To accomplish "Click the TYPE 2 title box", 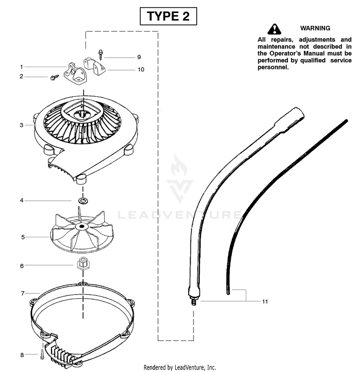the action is [x=168, y=16].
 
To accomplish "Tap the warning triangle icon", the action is [x=274, y=29].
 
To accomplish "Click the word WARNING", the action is [x=315, y=28].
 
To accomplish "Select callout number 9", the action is [x=139, y=57].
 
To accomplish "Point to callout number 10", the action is [x=141, y=70].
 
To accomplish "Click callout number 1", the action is [x=22, y=67].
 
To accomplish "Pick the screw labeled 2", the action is [x=55, y=77].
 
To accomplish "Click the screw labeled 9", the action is [x=101, y=55].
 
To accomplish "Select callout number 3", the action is [x=22, y=125].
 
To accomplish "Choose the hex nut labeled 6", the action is [x=83, y=263].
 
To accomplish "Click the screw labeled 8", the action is [x=42, y=354].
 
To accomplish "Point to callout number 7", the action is [x=23, y=293].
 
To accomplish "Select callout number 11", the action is [x=265, y=302].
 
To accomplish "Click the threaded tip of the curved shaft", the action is [x=193, y=302].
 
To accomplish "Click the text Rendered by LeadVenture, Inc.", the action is [x=180, y=368].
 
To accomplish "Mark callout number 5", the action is [x=23, y=237].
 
